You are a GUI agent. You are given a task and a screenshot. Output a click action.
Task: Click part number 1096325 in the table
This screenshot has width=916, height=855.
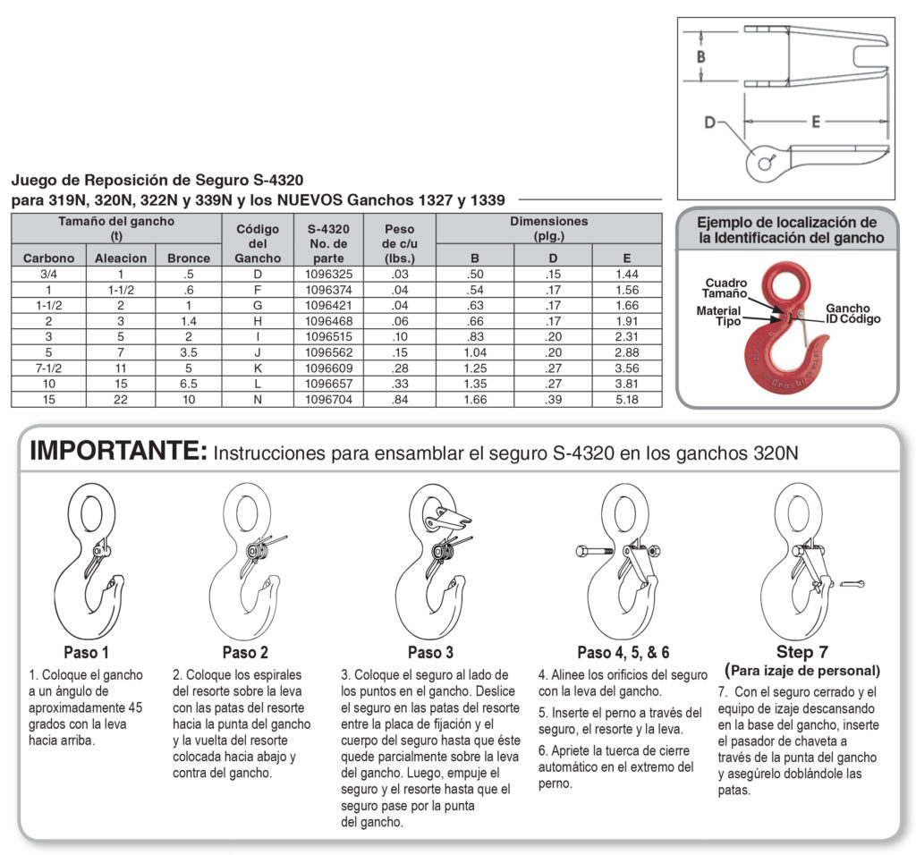[335, 274]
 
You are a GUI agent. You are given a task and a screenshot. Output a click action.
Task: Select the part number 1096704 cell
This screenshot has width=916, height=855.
[335, 400]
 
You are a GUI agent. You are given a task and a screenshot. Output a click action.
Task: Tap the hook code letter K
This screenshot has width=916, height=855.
[258, 368]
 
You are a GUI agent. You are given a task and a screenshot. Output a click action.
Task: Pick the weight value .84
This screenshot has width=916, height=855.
[399, 400]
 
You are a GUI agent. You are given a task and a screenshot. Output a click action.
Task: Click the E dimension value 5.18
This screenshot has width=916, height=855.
[627, 400]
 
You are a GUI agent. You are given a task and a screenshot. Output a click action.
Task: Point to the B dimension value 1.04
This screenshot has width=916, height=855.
[475, 352]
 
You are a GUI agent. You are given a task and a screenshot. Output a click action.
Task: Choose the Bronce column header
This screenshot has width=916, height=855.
[189, 258]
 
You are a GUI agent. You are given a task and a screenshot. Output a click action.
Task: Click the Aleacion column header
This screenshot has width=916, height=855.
[121, 258]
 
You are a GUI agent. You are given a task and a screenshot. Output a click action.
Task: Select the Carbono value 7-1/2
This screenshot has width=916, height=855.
[48, 368]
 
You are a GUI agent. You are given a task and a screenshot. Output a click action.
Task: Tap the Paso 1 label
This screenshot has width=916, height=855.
[86, 652]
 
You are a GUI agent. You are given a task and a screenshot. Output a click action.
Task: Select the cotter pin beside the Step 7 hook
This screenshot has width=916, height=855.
[853, 584]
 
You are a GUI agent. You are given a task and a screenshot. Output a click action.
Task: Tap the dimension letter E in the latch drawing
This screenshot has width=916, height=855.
[815, 123]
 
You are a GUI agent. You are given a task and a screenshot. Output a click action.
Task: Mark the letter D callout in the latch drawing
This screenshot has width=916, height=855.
[709, 123]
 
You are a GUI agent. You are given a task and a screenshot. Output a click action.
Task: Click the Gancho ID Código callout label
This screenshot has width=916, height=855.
[852, 314]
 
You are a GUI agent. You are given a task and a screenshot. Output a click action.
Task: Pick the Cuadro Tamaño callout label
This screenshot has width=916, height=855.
[726, 289]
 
